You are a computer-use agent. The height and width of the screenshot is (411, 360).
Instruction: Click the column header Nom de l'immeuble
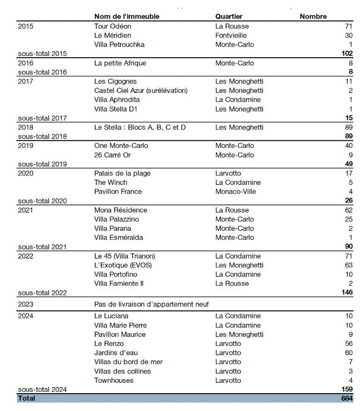pos(127,16)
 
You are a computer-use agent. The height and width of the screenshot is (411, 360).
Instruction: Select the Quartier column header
pos(229,16)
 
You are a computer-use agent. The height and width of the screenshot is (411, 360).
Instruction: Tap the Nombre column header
pos(313,16)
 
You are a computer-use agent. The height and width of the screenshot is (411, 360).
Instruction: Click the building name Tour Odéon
pos(112,26)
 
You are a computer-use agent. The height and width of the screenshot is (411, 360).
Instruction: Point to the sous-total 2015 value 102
pos(346,53)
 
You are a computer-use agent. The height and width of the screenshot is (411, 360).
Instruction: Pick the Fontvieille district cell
pos(231,35)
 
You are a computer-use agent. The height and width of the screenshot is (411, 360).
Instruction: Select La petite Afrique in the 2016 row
pos(120,63)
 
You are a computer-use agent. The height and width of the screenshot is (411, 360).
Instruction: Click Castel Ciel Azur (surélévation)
pos(141,91)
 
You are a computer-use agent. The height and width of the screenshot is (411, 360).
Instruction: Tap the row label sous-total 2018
pos(42,137)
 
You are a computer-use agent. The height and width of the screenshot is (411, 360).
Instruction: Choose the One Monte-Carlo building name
pos(120,145)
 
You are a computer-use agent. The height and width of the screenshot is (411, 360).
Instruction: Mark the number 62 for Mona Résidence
pos(348,210)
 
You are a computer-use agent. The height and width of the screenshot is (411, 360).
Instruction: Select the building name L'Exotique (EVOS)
pos(123,265)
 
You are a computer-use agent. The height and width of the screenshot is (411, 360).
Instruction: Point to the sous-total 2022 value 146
pos(346,293)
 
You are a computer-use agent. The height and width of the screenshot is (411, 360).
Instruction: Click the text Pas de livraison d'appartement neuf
pos(151,304)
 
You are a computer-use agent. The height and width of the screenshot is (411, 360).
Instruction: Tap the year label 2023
pos(25,304)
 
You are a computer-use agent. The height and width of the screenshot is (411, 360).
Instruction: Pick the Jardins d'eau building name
pos(116,353)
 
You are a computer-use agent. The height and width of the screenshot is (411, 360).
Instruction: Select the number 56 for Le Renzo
pos(348,343)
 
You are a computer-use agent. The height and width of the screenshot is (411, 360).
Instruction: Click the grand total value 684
pos(346,398)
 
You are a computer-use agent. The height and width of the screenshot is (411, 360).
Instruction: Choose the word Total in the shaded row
pos(26,398)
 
